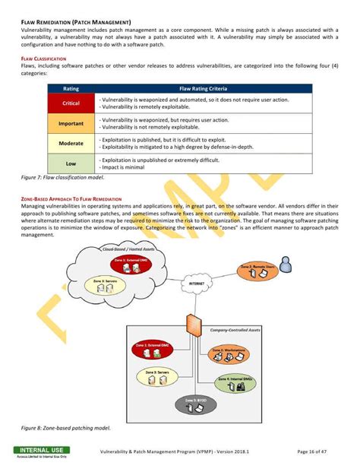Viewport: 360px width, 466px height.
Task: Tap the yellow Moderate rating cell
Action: pos(71,142)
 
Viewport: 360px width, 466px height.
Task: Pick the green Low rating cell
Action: pos(71,163)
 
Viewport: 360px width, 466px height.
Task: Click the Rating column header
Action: pos(71,88)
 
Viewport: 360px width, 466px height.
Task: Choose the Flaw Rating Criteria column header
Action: pos(205,88)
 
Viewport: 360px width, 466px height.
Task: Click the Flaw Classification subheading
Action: pos(40,59)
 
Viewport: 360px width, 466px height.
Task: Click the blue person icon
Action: pos(284,263)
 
